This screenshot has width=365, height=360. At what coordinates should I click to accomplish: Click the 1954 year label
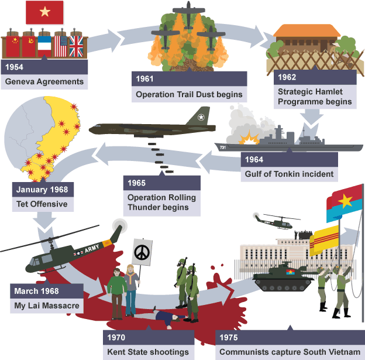click(15, 67)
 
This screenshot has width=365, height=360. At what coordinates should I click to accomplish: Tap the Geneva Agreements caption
click(44, 81)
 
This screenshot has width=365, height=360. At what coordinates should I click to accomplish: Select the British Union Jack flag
click(76, 46)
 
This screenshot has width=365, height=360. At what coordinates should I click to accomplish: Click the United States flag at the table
click(60, 46)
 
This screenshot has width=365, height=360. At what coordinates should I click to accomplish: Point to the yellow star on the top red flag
click(45, 12)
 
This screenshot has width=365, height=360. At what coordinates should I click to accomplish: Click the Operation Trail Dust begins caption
click(188, 94)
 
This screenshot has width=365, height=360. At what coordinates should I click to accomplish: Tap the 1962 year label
click(287, 77)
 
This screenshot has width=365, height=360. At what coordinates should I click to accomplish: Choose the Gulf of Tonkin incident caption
click(288, 173)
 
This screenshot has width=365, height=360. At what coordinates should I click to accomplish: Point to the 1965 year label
click(137, 183)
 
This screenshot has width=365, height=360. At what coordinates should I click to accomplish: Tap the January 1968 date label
click(42, 190)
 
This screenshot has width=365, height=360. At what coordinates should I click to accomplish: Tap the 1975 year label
click(229, 338)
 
